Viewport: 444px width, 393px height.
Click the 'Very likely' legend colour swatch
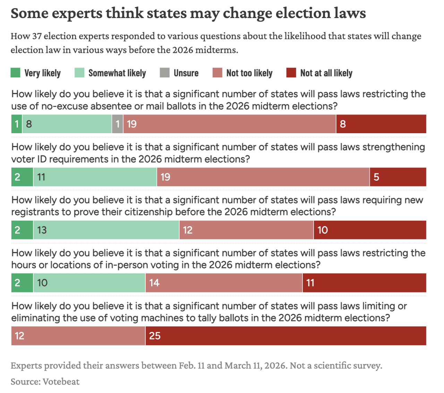(x=16, y=73)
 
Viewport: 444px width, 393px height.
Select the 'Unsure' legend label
(x=186, y=73)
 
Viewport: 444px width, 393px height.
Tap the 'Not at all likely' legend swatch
(x=291, y=73)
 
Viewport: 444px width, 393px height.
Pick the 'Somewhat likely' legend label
(x=117, y=73)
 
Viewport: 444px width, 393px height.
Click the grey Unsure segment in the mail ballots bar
(x=118, y=124)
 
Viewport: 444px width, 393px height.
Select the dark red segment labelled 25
(x=285, y=336)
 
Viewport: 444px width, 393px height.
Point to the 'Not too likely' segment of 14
(x=224, y=283)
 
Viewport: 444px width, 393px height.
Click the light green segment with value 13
(x=106, y=230)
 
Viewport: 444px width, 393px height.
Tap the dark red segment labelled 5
(x=398, y=177)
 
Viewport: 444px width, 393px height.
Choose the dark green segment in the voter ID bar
(x=22, y=177)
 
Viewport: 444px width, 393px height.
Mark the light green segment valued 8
(x=67, y=124)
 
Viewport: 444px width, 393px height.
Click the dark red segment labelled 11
(x=364, y=283)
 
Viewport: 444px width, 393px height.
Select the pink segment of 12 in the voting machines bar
(x=78, y=336)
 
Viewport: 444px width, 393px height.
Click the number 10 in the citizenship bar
(x=323, y=230)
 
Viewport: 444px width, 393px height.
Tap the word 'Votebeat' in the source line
(x=61, y=382)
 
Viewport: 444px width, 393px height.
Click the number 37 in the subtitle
(x=37, y=36)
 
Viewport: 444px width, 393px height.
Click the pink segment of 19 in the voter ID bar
(x=263, y=177)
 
